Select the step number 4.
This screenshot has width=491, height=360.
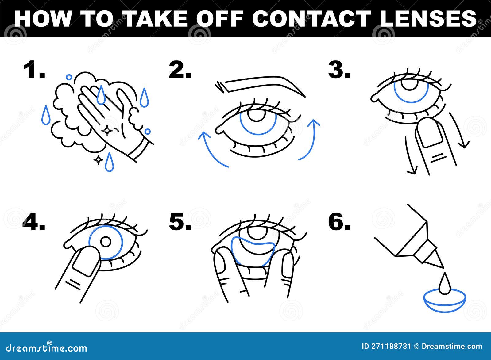pyautogui.click(x=34, y=222)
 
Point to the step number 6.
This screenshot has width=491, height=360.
pyautogui.click(x=339, y=222)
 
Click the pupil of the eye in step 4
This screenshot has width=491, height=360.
pyautogui.click(x=106, y=242)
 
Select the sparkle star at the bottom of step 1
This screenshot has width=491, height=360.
pyautogui.click(x=98, y=159)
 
